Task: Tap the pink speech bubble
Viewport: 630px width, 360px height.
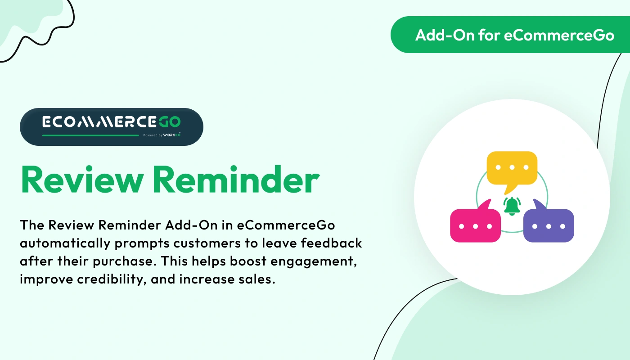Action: click(x=475, y=225)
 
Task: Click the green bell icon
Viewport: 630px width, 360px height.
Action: click(x=512, y=206)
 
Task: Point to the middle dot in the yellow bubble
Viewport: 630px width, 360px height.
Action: click(x=512, y=167)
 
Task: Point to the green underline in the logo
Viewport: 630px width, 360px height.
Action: click(x=90, y=135)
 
